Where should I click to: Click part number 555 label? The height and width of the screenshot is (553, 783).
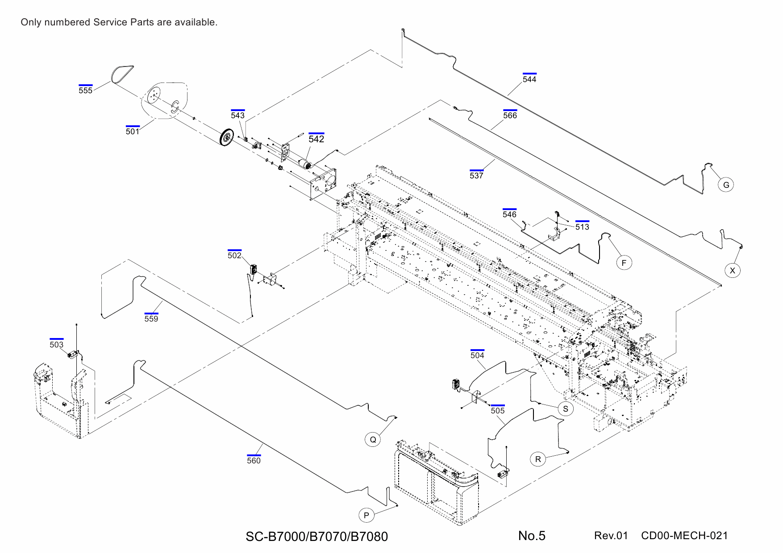[x=85, y=90]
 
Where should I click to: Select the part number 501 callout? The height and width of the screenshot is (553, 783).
[x=132, y=131]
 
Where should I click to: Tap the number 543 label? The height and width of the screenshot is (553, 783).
[x=237, y=115]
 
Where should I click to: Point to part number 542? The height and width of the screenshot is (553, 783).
[x=316, y=139]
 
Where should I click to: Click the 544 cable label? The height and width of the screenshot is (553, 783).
[x=529, y=79]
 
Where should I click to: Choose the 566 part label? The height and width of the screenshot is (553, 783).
[x=510, y=115]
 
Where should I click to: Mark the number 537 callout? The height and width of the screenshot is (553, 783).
[x=476, y=175]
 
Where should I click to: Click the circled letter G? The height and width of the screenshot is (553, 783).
[x=726, y=185]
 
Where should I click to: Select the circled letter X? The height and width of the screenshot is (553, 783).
[x=732, y=270]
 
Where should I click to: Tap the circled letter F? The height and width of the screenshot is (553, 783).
[x=624, y=263]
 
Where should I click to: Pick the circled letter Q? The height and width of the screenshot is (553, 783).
[x=373, y=439]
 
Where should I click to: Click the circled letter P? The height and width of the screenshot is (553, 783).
[x=367, y=515]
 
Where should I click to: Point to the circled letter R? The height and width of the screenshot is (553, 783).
[x=538, y=459]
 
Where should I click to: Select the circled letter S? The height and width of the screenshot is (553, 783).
[x=566, y=409]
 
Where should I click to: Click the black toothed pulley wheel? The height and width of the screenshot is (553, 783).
[x=227, y=137]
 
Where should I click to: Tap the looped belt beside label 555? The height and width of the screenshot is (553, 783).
[x=121, y=74]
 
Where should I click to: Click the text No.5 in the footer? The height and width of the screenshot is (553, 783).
[x=532, y=536]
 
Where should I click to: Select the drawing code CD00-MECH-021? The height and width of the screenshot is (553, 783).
[x=684, y=536]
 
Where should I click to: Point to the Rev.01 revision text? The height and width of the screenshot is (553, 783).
[x=611, y=536]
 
